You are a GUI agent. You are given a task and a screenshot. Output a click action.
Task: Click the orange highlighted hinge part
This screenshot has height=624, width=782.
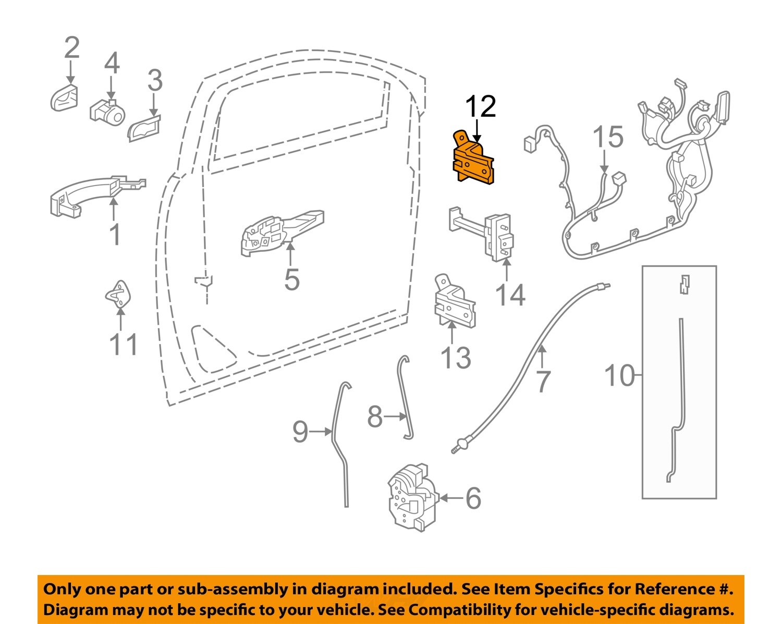coord(472,160)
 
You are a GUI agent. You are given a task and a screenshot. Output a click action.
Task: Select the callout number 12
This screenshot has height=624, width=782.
coord(480,107)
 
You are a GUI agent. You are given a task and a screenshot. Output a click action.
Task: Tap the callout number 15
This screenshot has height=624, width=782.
coord(608,137)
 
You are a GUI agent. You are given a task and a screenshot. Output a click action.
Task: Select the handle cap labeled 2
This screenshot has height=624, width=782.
coord(64,98)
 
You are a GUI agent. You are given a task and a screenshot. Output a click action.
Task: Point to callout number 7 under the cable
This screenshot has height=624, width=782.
coord(543,382)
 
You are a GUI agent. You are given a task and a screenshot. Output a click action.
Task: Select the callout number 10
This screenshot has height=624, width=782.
coord(619,375)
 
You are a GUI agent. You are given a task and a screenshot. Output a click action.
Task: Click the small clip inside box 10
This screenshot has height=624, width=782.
coord(685,284)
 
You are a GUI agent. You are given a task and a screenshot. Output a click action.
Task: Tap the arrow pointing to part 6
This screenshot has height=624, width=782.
coord(450,498)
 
